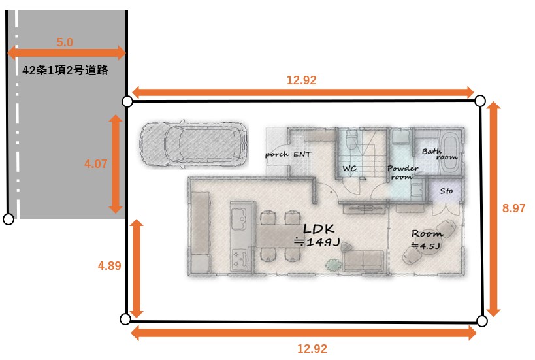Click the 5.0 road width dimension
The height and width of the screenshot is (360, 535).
[x=65, y=42]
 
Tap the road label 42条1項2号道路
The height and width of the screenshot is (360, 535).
[x=65, y=71]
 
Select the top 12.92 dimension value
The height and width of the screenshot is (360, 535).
[x=302, y=80]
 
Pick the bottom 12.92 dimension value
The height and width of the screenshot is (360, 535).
[x=312, y=349]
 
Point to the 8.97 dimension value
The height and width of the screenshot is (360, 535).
[x=513, y=208]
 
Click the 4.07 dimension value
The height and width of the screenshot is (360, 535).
[x=96, y=164]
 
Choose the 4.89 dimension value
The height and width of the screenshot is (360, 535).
[x=110, y=266]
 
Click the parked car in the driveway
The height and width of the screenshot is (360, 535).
[x=194, y=144]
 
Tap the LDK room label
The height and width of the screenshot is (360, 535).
[x=318, y=229]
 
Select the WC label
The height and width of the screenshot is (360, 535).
[x=349, y=169]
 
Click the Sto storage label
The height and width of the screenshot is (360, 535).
[x=446, y=191]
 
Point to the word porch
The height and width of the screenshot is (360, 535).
[x=277, y=155]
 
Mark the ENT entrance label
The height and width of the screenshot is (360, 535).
[x=302, y=154]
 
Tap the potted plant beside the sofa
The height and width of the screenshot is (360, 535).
[x=333, y=265]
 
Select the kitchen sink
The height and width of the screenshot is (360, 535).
[x=238, y=219]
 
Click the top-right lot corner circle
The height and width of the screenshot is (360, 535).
[x=480, y=101]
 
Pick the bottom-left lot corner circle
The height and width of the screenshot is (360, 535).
[x=125, y=319]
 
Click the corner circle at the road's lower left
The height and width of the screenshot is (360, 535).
[x=8, y=219]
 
